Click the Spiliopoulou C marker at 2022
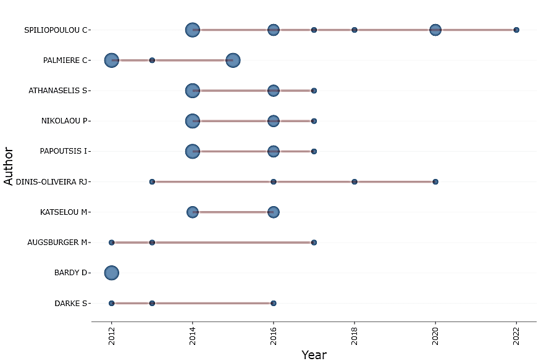point(516,30)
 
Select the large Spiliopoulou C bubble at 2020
point(435,30)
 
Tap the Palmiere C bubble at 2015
point(233,60)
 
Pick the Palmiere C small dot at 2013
point(152,60)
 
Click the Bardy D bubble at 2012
point(111,273)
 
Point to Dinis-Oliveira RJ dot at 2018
point(354,181)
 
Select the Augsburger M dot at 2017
point(314,243)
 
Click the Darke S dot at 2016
point(274,303)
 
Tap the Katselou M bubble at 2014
point(193,212)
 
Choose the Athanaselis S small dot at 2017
point(314,91)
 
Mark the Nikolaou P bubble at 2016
point(274,121)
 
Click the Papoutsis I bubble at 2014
point(193,151)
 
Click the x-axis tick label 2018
point(354,336)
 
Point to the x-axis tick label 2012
point(112,336)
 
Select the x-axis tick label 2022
point(516,336)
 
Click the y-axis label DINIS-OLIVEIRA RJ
point(52,181)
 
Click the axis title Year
point(314,355)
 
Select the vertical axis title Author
point(9,166)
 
